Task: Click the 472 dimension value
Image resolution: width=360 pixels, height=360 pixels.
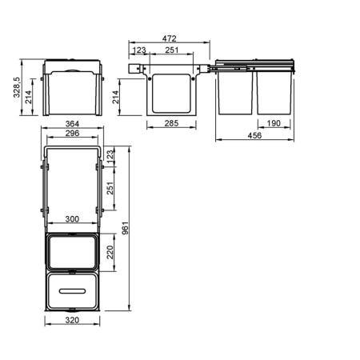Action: pos(170,38)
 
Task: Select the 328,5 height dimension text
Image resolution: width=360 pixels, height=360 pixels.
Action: pos(17,87)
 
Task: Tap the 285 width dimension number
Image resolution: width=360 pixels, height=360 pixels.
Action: pos(171,123)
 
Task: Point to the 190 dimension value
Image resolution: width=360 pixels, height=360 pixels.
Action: pos(274,123)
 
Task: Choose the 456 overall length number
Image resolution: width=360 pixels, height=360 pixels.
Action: pos(254,135)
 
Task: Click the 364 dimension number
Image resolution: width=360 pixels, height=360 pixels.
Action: pos(72,124)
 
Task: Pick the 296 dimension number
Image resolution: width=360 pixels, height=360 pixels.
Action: pos(72,133)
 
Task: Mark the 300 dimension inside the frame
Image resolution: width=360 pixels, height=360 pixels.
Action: pos(72,219)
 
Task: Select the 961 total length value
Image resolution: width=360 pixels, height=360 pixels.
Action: pos(125,228)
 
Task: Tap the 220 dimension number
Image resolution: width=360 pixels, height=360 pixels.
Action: pos(110,252)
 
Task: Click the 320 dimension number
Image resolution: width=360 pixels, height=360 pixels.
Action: pos(72,320)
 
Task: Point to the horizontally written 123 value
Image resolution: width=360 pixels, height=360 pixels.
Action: pos(139,50)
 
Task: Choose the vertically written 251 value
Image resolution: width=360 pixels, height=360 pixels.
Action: pos(110,188)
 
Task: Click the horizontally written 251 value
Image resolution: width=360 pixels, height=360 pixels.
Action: pos(172,50)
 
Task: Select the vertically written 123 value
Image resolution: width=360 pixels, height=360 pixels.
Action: pos(110,155)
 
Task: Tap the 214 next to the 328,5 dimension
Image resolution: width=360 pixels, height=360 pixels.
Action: pos(28,97)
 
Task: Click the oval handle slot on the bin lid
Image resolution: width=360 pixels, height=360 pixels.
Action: pos(72,291)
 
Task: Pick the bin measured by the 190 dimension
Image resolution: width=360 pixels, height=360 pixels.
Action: pos(274,93)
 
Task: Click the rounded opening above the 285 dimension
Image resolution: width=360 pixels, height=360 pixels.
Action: pos(171,94)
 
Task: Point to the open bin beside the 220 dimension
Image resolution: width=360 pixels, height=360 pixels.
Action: pos(72,252)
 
